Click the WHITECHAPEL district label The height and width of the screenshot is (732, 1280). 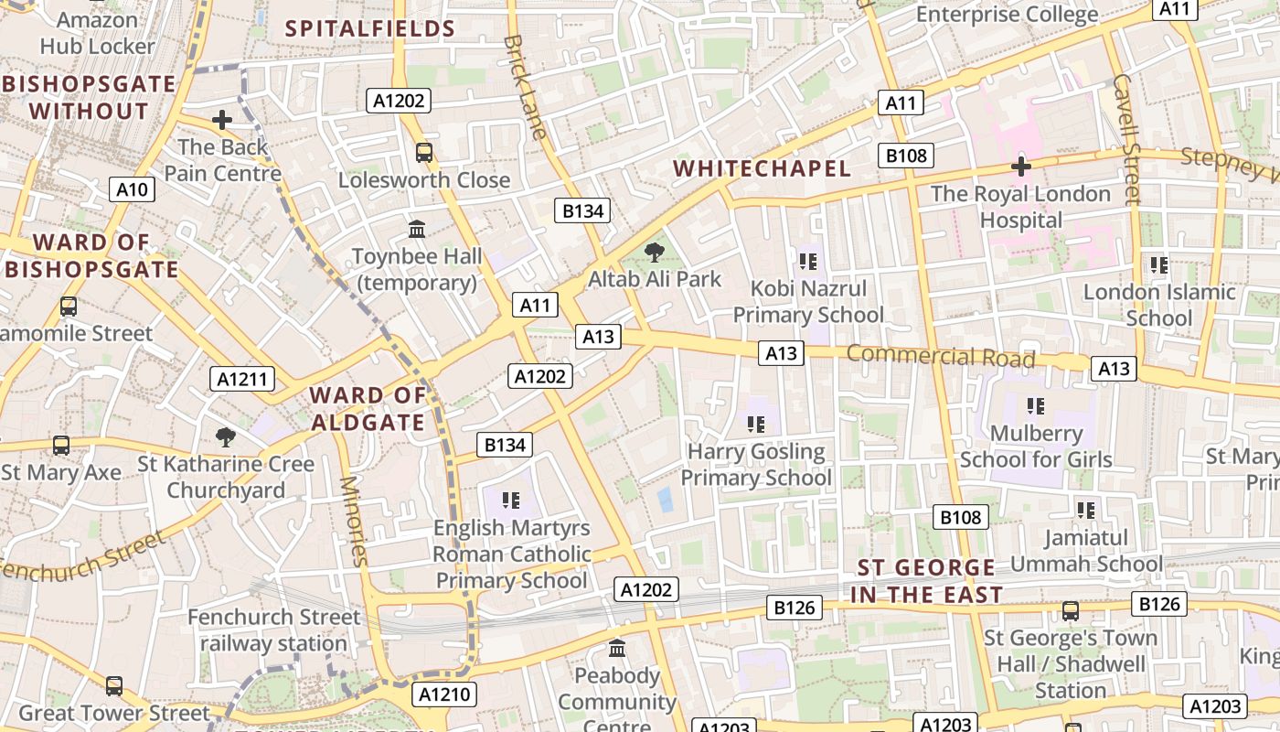[x=762, y=168]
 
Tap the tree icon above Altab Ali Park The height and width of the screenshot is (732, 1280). [x=654, y=252]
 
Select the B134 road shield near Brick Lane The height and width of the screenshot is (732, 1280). [x=582, y=211]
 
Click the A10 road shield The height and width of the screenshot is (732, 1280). [x=133, y=189]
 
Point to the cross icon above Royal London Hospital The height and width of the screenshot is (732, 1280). [x=1020, y=167]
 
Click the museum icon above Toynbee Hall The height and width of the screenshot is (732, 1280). [x=417, y=229]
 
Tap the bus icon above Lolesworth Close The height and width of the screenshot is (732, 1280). [x=424, y=152]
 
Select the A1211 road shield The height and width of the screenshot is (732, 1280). [x=242, y=378]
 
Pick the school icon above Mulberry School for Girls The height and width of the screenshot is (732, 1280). [x=1035, y=405]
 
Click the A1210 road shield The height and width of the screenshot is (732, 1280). [x=444, y=694]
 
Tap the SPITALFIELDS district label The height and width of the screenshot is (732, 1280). [x=370, y=28]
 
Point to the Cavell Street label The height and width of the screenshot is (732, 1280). [x=1127, y=137]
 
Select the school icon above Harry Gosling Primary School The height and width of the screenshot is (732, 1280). [x=755, y=424]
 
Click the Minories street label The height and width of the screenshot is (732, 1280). [x=354, y=522]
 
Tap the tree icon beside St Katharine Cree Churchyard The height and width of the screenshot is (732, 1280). [x=225, y=437]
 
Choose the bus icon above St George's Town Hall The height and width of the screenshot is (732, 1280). [x=1070, y=610]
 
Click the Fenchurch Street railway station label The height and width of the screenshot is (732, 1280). [x=273, y=630]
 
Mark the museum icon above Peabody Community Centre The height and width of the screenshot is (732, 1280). [x=617, y=649]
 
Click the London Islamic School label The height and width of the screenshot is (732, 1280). [x=1159, y=305]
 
